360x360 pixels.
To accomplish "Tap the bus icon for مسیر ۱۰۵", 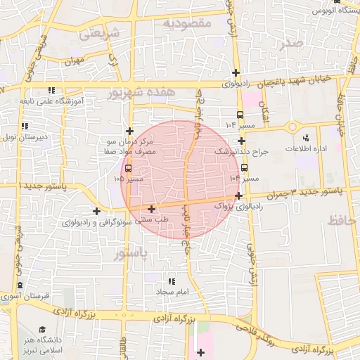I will (x=127, y=167).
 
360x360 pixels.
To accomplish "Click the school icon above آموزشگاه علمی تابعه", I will (x=51, y=91).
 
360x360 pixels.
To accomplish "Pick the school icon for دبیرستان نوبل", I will (x=25, y=126).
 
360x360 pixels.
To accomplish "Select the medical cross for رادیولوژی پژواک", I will (x=239, y=196).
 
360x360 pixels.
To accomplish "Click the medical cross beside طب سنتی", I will (x=152, y=208).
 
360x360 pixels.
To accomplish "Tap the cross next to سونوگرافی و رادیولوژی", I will (x=96, y=211).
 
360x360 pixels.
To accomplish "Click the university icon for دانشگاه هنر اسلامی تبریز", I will (x=42, y=329).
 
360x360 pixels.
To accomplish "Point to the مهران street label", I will (x=75, y=62).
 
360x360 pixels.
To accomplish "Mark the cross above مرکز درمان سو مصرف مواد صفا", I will (x=129, y=130).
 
